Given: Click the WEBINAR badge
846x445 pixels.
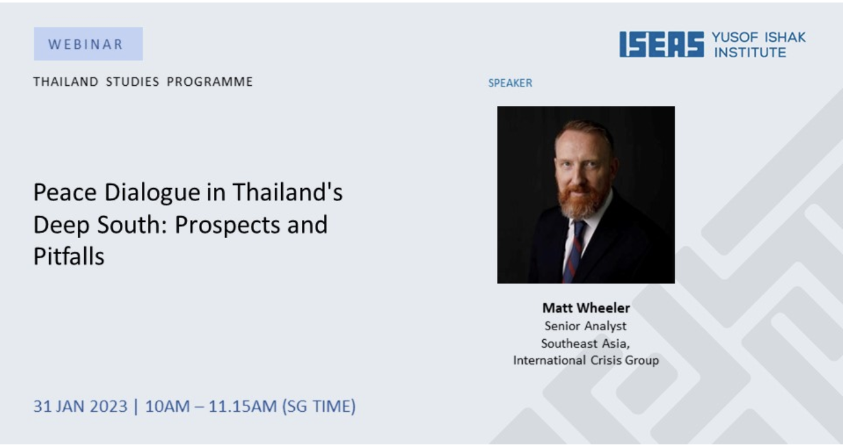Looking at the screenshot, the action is tap(88, 44).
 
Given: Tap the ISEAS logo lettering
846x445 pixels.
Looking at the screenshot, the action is tap(661, 45).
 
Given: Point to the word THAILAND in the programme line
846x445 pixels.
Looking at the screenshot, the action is tap(66, 82).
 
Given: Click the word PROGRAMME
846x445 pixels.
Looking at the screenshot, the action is tap(210, 82).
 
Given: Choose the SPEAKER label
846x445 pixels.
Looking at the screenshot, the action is tap(510, 83).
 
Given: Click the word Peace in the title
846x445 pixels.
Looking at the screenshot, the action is tap(65, 192).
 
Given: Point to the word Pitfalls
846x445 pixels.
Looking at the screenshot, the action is tap(69, 256).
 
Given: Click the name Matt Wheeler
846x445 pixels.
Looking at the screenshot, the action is tap(586, 308).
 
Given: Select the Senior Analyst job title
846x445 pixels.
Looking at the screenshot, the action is tap(586, 326).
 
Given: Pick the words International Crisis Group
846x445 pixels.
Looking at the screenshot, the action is tap(586, 360).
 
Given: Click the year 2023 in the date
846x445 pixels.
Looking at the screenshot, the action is tap(109, 407).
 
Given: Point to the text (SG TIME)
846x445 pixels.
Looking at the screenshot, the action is tap(319, 407).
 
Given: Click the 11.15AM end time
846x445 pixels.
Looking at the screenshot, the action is tap(243, 407).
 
